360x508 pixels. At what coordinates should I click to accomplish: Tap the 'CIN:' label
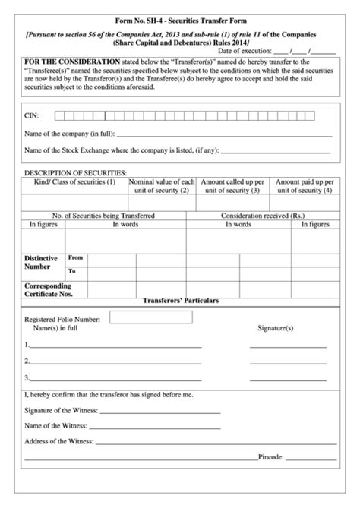(x=33, y=116)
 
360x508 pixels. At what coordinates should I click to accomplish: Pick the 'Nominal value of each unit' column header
(x=163, y=186)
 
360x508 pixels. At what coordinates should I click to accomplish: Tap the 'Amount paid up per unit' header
(x=304, y=186)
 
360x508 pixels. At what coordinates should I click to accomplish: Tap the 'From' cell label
(x=76, y=257)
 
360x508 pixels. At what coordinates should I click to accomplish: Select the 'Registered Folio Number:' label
(x=63, y=320)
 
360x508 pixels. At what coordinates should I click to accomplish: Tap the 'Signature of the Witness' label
(x=62, y=409)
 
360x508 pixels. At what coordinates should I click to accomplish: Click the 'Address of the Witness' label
(x=59, y=440)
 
